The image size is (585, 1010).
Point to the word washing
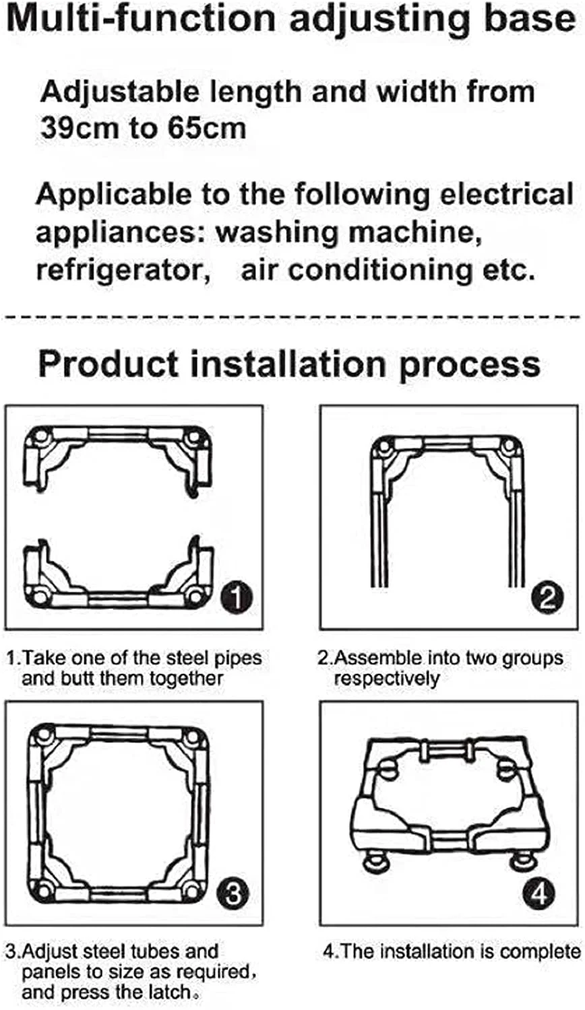[x=276, y=233]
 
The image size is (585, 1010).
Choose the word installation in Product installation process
[x=288, y=364]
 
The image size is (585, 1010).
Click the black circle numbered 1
[x=236, y=597]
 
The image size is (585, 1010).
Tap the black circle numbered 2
[x=547, y=597]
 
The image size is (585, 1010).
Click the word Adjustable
[x=119, y=92]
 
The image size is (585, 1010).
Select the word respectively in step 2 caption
[x=387, y=679]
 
